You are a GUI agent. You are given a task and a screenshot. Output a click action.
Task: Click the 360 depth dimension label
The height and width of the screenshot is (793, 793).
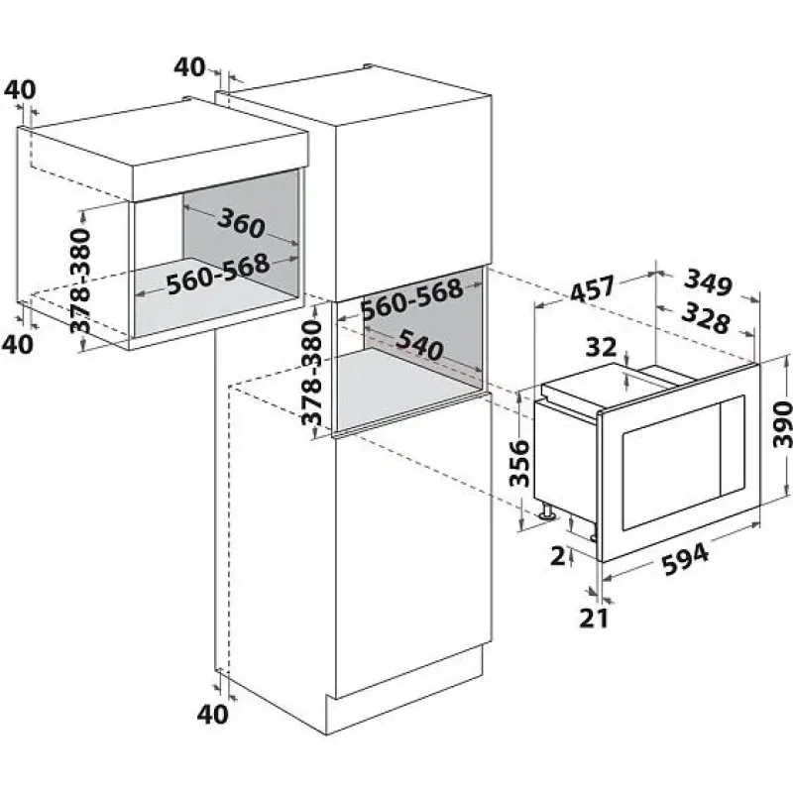tap(241, 223)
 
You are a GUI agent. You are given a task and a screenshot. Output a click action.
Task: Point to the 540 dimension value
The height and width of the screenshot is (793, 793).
tap(419, 345)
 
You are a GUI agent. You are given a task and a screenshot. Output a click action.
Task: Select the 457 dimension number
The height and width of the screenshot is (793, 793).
tap(592, 288)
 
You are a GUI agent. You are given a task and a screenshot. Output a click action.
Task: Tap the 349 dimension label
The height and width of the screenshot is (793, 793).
tap(709, 283)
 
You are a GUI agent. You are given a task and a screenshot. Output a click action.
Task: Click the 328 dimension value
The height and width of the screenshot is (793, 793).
tap(706, 318)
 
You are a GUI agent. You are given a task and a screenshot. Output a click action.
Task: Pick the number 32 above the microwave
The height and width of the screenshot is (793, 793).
tap(602, 347)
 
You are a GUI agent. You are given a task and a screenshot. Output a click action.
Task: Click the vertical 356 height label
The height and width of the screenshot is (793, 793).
tap(519, 463)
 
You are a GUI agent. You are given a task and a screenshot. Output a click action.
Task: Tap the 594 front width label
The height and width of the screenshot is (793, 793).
tap(686, 559)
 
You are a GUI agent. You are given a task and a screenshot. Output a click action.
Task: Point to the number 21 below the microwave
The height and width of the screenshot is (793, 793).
tap(593, 618)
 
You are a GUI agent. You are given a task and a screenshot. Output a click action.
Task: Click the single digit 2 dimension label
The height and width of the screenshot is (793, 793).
tap(558, 556)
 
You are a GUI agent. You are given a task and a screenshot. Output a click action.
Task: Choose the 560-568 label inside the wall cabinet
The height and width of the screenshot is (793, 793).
tap(218, 274)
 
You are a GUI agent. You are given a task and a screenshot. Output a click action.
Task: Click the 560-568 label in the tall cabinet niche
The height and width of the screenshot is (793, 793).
tap(412, 298)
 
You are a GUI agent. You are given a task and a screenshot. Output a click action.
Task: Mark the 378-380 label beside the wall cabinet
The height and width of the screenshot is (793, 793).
tap(80, 281)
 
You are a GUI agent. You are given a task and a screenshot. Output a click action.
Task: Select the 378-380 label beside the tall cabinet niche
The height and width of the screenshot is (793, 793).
tap(311, 373)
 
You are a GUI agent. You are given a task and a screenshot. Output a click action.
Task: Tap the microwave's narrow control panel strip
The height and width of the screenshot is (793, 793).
tap(733, 445)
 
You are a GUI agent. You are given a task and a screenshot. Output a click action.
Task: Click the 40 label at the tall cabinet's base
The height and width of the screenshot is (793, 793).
tap(212, 714)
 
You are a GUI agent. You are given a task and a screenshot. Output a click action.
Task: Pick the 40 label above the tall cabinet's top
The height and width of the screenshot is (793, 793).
tap(189, 66)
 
